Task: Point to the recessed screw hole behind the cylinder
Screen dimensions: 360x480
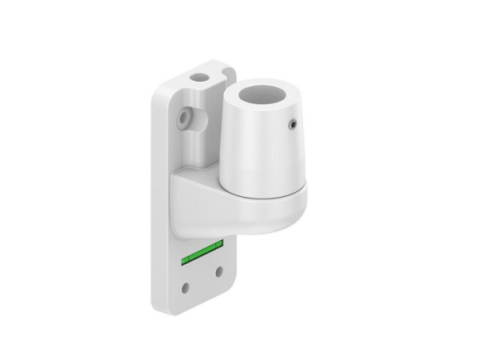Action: click(185, 117)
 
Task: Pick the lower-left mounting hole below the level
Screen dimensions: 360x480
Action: click(186, 286)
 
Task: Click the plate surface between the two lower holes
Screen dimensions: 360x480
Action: click(202, 280)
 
